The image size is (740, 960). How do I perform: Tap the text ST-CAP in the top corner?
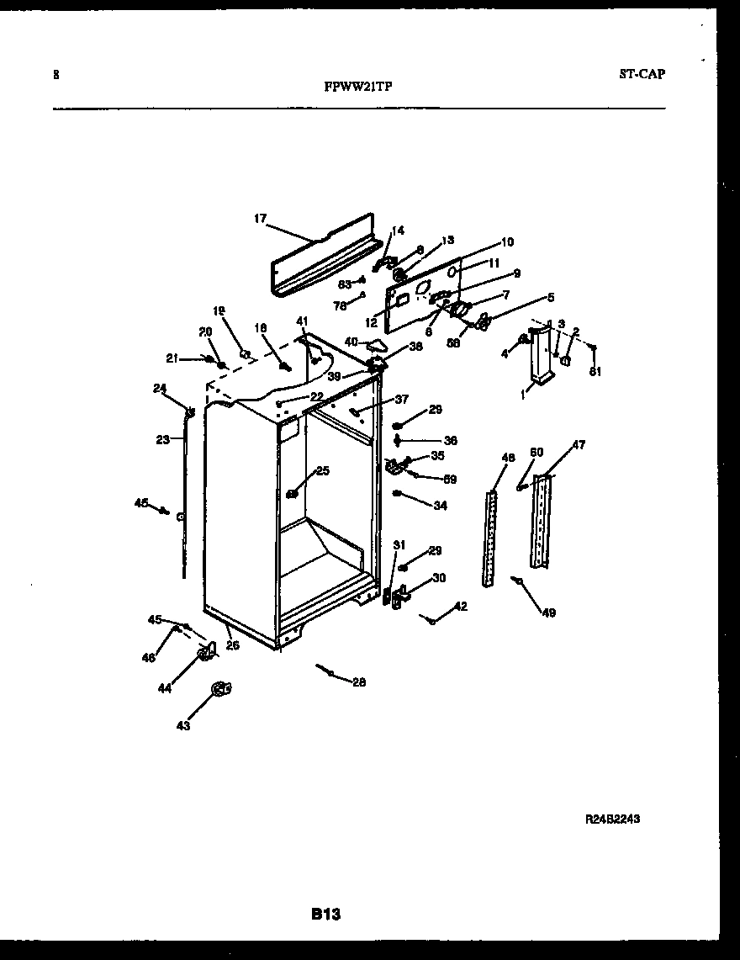(642, 74)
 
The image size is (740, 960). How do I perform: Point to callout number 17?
(260, 219)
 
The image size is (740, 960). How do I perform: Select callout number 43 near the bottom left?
(183, 725)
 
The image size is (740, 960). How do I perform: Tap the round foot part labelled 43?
(220, 689)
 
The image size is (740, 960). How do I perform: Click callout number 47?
(579, 444)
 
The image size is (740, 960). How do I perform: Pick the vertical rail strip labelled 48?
(489, 538)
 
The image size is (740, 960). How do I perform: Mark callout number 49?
(548, 613)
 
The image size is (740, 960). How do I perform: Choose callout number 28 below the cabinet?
(359, 682)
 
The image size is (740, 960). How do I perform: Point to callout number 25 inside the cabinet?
(323, 470)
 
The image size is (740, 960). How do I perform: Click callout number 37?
(401, 399)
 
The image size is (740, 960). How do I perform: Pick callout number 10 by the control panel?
(507, 242)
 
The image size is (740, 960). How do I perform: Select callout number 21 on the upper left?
(172, 358)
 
